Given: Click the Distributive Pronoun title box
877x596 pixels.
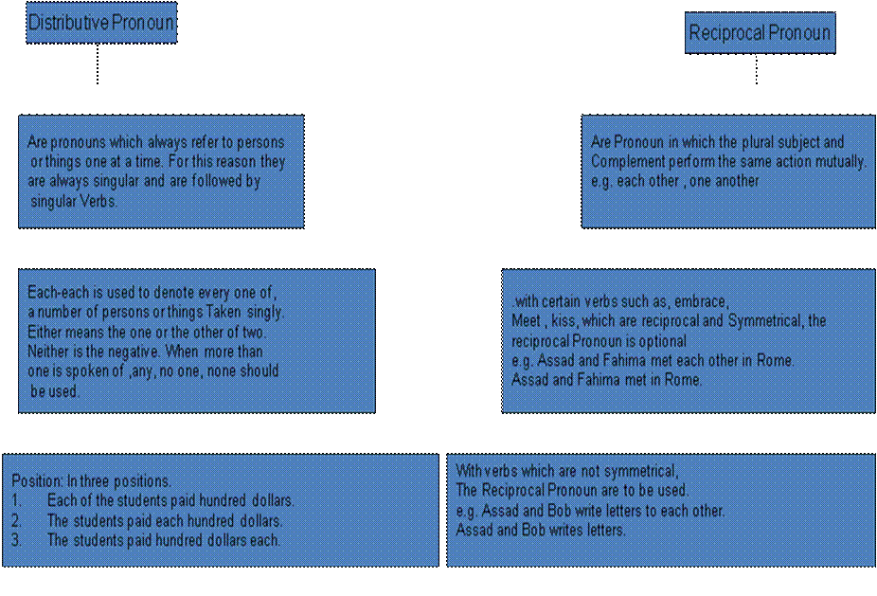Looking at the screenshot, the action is click(101, 23).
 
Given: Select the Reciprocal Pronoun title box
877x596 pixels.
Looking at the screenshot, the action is click(761, 33).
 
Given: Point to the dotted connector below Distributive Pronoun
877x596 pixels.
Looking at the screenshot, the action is click(98, 63).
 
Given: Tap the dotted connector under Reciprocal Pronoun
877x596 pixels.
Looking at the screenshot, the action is click(757, 69).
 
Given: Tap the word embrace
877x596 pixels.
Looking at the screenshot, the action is click(702, 301).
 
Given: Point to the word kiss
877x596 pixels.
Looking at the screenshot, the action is click(564, 321).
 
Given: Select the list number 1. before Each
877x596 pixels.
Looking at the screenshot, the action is click(16, 499).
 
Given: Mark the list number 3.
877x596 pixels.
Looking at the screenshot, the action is click(16, 540).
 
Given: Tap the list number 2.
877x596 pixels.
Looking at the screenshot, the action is click(16, 520).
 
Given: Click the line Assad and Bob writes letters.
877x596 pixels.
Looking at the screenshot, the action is click(540, 530).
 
